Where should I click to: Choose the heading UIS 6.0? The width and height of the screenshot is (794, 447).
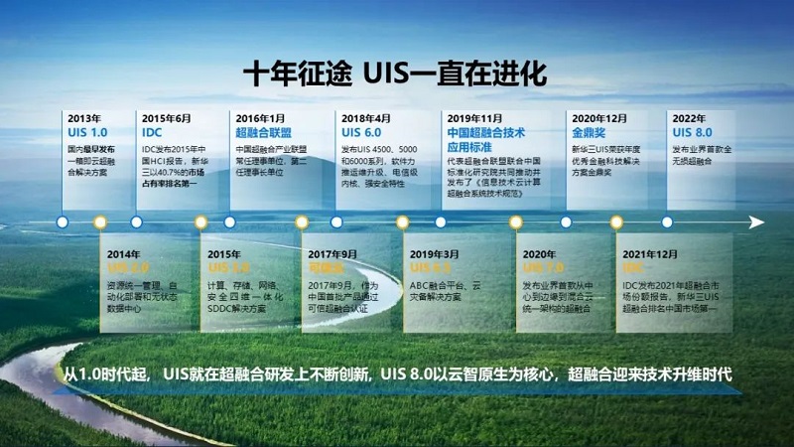[361, 131]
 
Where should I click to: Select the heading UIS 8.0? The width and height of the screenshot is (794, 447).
[692, 131]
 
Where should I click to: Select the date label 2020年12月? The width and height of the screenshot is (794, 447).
[595, 117]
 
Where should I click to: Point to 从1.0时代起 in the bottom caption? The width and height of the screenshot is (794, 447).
[107, 374]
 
